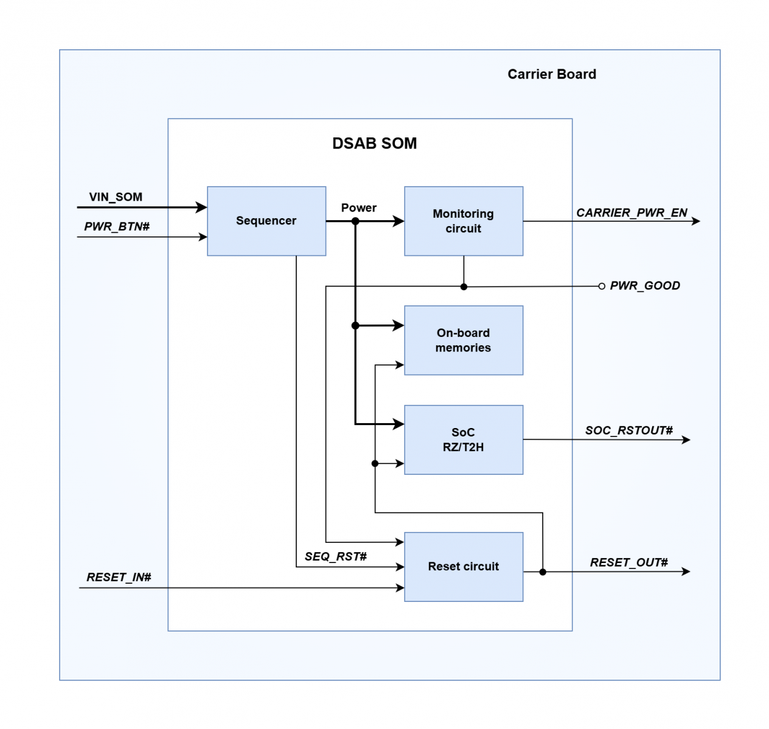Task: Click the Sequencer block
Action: [x=266, y=221]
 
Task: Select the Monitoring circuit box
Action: [x=463, y=221]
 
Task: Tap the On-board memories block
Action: [x=463, y=340]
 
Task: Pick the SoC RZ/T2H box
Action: [x=463, y=440]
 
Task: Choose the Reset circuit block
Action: [x=463, y=567]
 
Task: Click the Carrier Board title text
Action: [x=552, y=74]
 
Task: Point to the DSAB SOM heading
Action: [x=374, y=143]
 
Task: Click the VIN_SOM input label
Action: [x=116, y=197]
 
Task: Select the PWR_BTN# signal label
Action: [x=117, y=227]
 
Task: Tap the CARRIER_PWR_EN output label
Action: [x=632, y=213]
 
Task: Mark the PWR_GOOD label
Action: [x=645, y=286]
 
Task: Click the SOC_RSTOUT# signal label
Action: [x=629, y=430]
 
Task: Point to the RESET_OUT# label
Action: [x=629, y=562]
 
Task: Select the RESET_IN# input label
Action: [x=119, y=577]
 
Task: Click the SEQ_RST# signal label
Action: [x=336, y=556]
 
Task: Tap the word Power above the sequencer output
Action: [x=358, y=208]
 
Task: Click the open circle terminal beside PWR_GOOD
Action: [x=602, y=286]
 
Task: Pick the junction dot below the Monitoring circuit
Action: [x=464, y=286]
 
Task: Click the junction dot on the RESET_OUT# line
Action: [x=543, y=572]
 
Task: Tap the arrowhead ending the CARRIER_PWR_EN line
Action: [x=696, y=221]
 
